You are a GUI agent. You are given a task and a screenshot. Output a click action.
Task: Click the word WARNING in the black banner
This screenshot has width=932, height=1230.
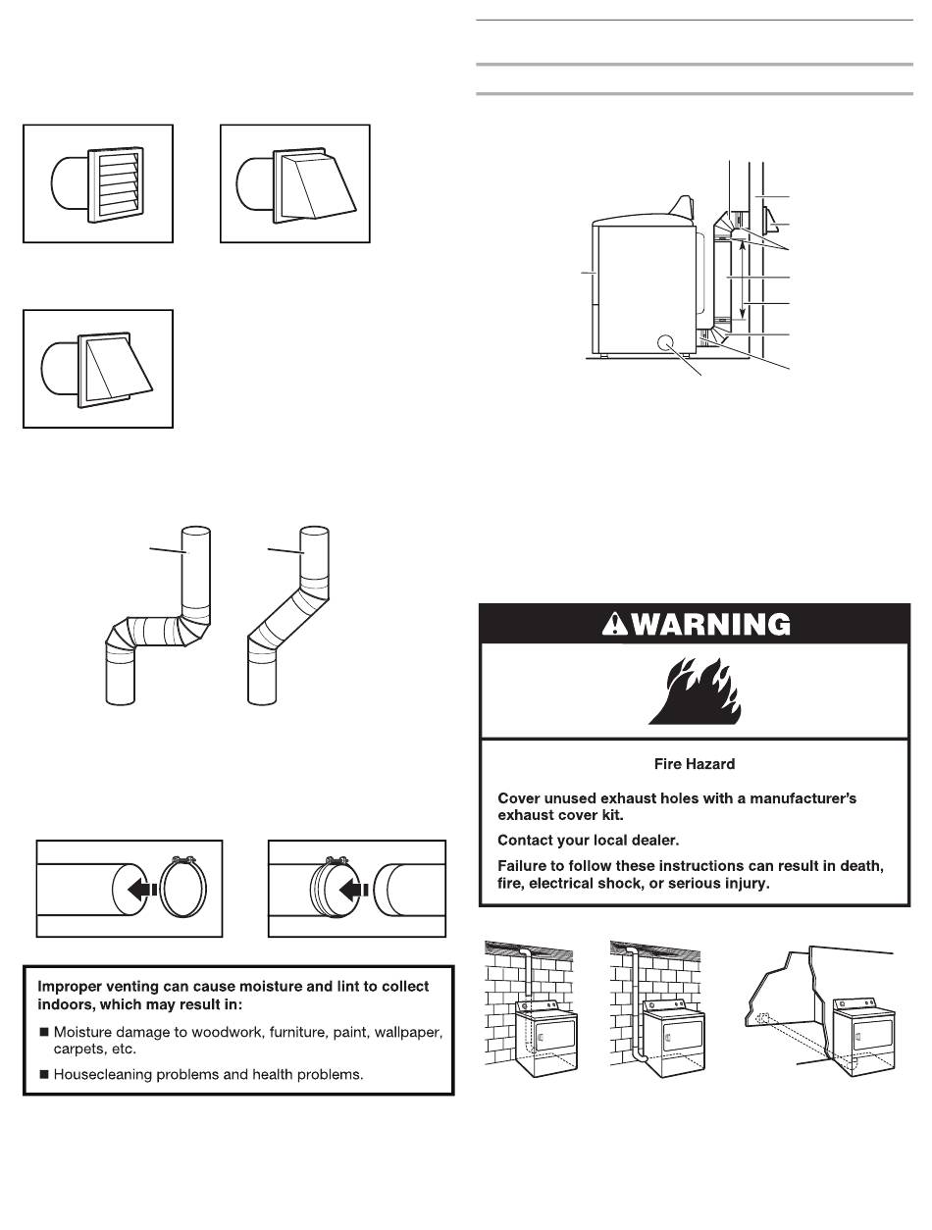[x=707, y=625]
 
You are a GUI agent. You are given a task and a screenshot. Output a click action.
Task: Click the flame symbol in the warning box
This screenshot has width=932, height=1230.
[x=693, y=692]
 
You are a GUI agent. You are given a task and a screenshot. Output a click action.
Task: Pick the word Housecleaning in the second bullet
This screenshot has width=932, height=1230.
[x=103, y=1074]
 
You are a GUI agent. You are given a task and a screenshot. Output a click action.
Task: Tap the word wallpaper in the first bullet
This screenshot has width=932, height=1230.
[x=403, y=1033]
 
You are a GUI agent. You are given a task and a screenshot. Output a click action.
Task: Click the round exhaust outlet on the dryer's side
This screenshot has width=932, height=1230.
[x=663, y=342]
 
